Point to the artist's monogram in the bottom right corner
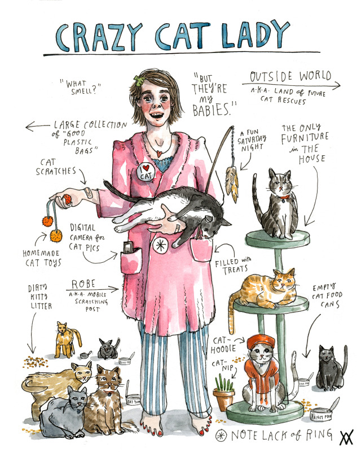[344, 437]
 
